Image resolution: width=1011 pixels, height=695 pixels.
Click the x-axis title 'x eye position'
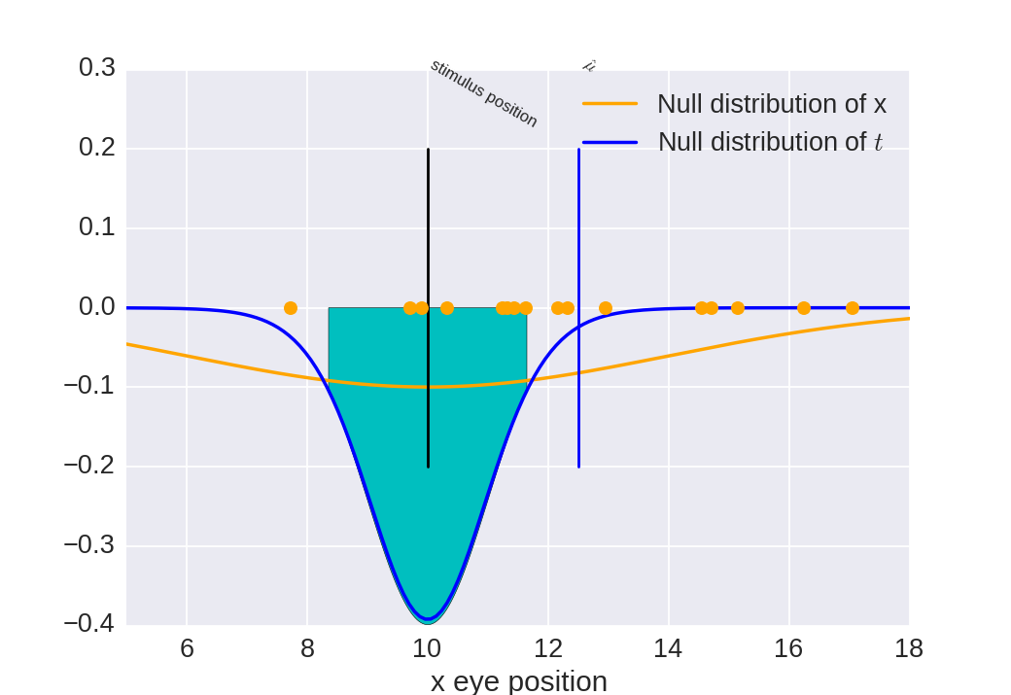pos(518,680)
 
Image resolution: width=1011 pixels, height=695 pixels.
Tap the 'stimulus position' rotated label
pos(484,93)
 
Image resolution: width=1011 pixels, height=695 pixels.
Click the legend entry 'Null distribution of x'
pos(771,103)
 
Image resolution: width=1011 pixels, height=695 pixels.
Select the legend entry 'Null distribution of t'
pos(770,142)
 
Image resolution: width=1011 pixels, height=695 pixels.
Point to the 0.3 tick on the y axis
pos(97,68)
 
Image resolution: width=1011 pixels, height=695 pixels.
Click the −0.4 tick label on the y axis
pos(89,623)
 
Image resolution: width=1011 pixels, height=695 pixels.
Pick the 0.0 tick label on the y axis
pos(97,307)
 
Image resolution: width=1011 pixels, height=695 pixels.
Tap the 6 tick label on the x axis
pos(187,648)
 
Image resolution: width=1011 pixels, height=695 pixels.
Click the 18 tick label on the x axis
pos(908,648)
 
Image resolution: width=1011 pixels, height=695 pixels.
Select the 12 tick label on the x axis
pos(547,648)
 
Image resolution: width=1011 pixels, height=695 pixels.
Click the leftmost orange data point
pos(291,308)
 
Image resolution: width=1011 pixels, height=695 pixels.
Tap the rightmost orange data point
pos(853,308)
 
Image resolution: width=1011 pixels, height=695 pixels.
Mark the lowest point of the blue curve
pos(427,619)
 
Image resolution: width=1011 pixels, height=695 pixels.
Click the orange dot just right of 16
pos(804,308)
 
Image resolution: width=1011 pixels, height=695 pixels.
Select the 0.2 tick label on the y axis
pos(97,148)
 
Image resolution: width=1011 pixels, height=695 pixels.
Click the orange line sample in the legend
pos(610,103)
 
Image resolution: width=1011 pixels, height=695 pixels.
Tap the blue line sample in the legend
pos(610,142)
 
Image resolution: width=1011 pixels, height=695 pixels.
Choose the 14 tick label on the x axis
pos(668,648)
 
